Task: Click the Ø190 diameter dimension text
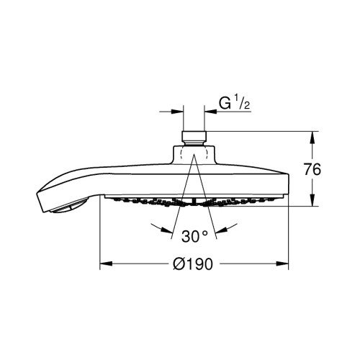pos(193,264)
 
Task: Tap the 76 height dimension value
pos(312,169)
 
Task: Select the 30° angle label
pos(194,236)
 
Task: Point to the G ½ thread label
pos(234,104)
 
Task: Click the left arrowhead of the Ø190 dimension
pos(106,264)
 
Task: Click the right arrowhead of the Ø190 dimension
pos(282,264)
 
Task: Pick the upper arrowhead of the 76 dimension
pos(312,138)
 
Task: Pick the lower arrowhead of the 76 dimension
pos(312,199)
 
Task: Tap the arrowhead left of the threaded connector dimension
pos(177,112)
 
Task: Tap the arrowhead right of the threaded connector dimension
pos(210,112)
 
